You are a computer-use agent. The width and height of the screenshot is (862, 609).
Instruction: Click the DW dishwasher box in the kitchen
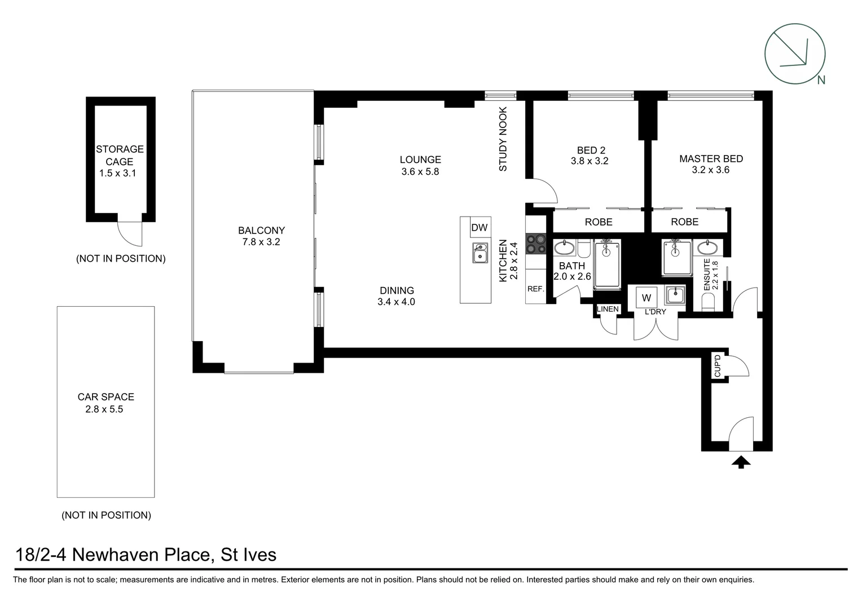click(x=480, y=227)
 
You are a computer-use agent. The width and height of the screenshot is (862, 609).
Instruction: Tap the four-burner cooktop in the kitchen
click(x=536, y=244)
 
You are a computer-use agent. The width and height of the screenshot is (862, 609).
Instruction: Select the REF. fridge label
click(x=536, y=289)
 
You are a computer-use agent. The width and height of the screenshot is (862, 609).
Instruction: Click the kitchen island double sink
click(x=480, y=253)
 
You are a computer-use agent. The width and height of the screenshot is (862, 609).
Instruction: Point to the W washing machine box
click(x=646, y=297)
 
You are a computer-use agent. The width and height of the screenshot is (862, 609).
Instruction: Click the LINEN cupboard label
click(x=608, y=309)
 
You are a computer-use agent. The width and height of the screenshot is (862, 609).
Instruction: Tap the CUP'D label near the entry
click(x=718, y=366)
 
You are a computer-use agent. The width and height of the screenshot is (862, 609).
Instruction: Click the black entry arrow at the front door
click(x=741, y=462)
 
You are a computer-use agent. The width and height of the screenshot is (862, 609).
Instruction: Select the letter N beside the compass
click(x=821, y=80)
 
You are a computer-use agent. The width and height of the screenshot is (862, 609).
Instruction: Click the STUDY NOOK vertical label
click(x=503, y=139)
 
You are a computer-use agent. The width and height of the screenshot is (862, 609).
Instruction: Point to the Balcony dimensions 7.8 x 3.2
click(x=261, y=242)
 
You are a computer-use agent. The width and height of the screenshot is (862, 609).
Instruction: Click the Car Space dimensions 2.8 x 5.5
click(x=104, y=409)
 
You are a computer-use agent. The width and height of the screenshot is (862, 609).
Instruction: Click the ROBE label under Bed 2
click(x=599, y=222)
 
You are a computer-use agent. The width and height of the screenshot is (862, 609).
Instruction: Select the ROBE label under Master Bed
click(x=685, y=222)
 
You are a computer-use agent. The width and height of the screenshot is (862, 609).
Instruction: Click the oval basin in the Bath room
click(x=565, y=248)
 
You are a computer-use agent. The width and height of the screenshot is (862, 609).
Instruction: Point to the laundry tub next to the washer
click(x=675, y=295)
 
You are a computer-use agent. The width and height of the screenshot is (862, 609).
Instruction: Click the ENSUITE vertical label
click(x=706, y=275)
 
